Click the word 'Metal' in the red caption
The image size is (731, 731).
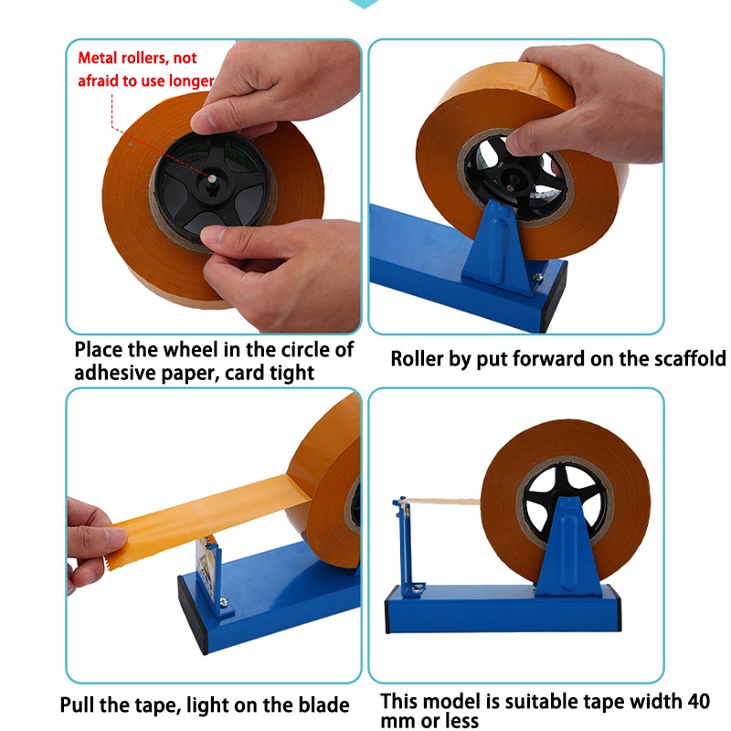click(98, 58)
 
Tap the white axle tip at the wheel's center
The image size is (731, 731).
click(213, 178)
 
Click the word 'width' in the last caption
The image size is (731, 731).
click(658, 701)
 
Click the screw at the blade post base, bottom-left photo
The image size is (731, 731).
click(224, 602)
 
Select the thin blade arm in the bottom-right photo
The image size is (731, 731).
click(406, 546)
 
